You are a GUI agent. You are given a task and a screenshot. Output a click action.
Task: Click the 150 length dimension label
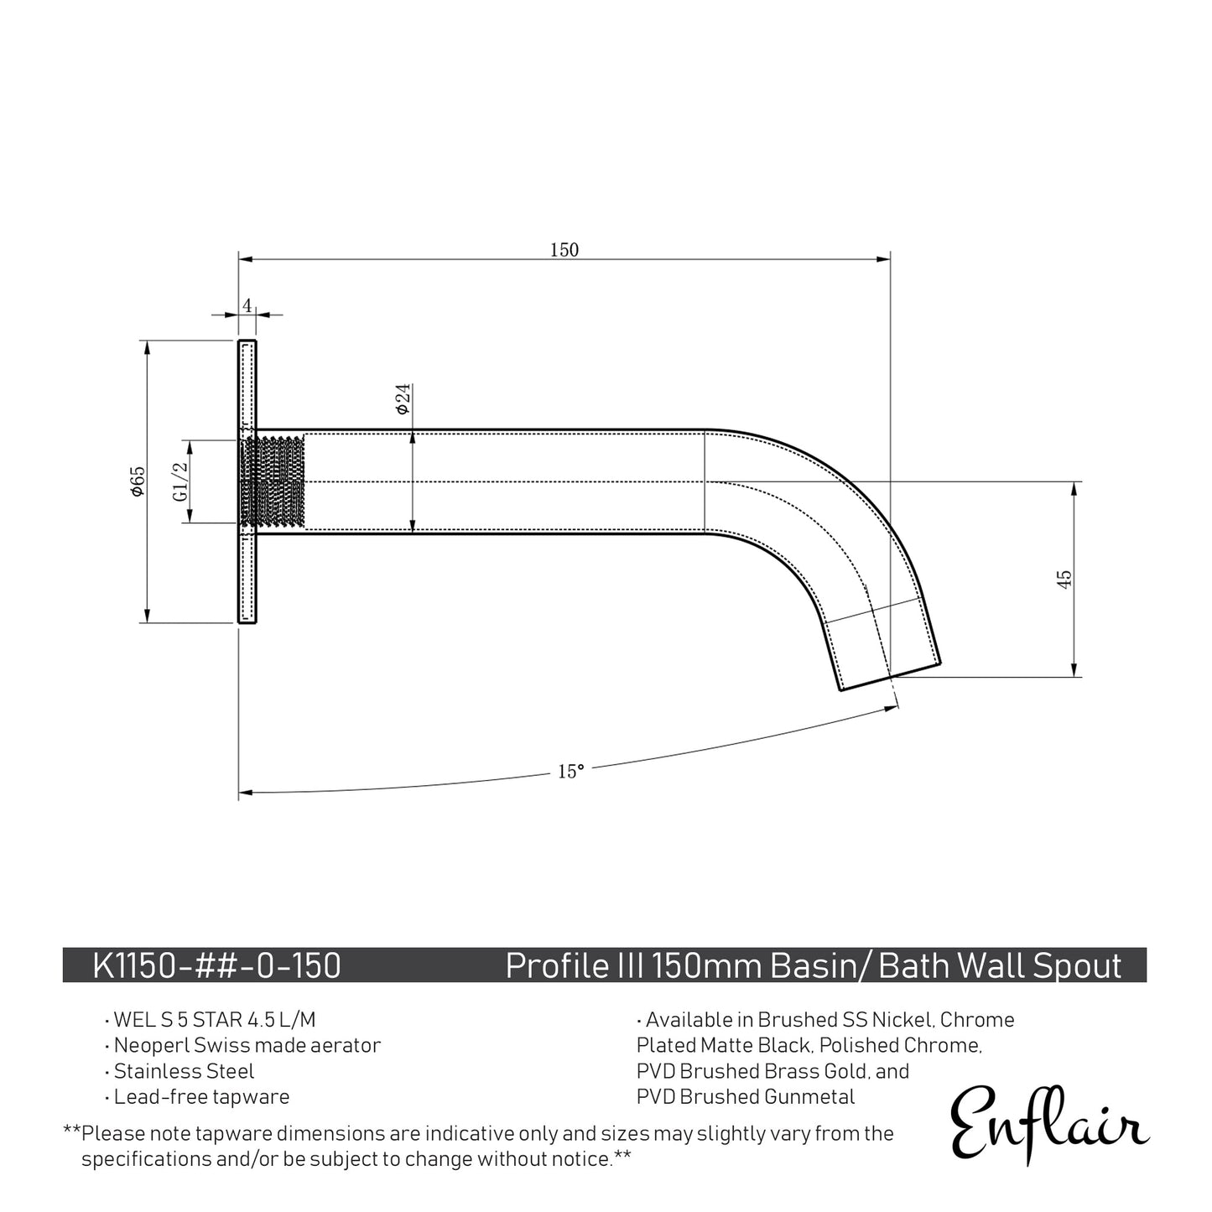point(564,249)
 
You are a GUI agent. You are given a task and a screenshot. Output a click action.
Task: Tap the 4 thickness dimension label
point(247,305)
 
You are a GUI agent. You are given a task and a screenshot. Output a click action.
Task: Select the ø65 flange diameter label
point(138,481)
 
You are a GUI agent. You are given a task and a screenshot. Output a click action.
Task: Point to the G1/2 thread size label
point(179,482)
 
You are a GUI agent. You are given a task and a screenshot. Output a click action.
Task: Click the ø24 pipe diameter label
point(402,398)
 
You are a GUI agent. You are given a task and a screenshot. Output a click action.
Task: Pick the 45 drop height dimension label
point(1064,579)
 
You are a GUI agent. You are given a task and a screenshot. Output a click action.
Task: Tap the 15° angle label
point(570,771)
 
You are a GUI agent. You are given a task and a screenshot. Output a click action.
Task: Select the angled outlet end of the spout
point(889,676)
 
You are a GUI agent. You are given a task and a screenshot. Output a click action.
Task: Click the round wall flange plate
point(247,482)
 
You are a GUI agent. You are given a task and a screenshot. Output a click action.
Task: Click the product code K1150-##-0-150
point(216,965)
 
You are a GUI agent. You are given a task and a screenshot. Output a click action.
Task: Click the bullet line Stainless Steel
point(184,1071)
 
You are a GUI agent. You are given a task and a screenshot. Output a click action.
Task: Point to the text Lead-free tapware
point(201,1096)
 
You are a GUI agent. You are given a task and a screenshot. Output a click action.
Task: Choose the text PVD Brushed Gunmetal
point(746,1096)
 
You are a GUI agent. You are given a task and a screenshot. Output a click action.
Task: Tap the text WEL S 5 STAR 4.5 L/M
point(215,1020)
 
